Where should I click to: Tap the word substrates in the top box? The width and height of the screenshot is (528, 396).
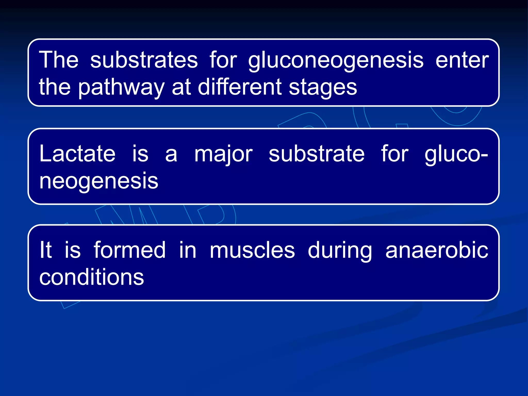(x=144, y=60)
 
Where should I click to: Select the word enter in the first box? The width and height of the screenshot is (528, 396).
(x=462, y=60)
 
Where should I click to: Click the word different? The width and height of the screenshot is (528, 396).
(x=240, y=87)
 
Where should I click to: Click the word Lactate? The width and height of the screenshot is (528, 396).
(x=77, y=154)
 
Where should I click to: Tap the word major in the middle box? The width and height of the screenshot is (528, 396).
(x=223, y=155)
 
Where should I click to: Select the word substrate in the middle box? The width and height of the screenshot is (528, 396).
(x=317, y=154)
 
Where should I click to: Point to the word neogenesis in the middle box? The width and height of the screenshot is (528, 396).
(x=99, y=182)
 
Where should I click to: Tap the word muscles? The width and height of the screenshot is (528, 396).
(x=252, y=250)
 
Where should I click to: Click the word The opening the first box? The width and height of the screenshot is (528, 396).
(x=59, y=60)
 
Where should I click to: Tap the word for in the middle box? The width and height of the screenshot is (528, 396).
(x=394, y=154)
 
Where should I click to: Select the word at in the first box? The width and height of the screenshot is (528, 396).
(x=181, y=87)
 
